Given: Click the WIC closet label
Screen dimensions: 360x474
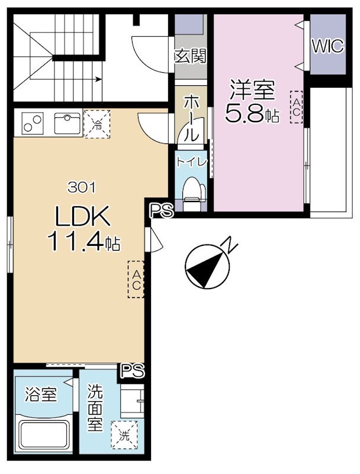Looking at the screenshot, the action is click(x=327, y=46).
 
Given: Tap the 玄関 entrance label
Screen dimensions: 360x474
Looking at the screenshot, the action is click(x=191, y=56).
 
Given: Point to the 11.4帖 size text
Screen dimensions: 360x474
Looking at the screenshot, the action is click(x=83, y=241).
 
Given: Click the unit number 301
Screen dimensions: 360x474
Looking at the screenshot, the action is click(x=82, y=188).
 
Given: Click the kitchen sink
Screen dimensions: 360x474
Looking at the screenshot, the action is click(x=67, y=123).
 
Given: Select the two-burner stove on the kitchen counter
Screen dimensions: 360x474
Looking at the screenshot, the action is click(x=33, y=123).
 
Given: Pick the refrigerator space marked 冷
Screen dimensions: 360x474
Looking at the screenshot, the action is click(x=97, y=124).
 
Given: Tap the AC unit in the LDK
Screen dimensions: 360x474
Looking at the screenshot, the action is click(x=136, y=279).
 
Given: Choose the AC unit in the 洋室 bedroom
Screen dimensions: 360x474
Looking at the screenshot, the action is click(x=296, y=107).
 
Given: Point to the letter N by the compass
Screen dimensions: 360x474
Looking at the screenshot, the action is click(x=229, y=245).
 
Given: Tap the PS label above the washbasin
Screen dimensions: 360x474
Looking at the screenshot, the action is click(x=133, y=371).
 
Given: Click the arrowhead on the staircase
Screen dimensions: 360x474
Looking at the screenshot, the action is click(x=99, y=80).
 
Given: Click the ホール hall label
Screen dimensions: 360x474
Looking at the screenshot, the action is click(x=191, y=118).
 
